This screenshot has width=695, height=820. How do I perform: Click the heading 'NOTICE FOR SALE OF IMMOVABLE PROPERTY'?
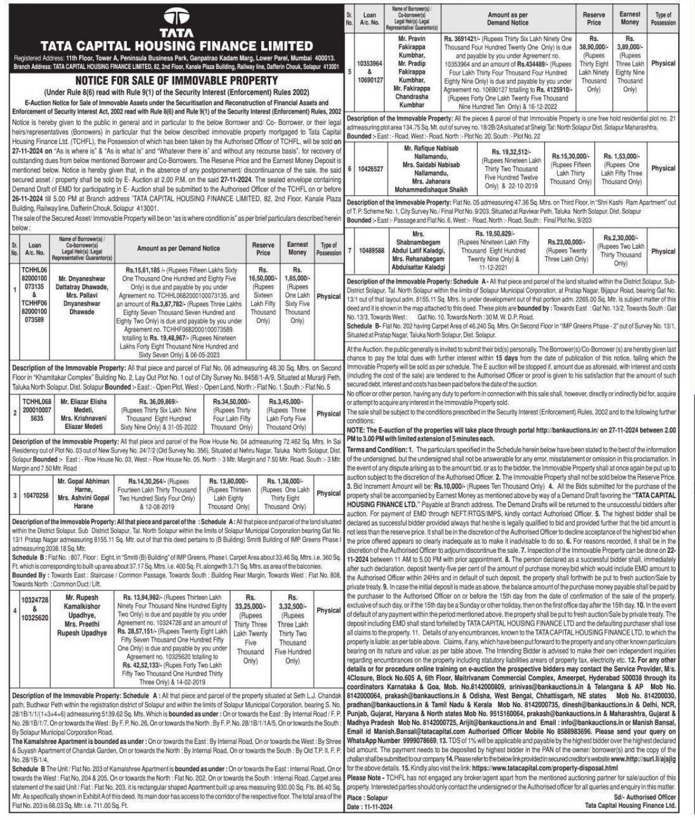[x=176, y=80]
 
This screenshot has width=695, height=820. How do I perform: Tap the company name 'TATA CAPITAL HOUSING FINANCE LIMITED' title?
[x=176, y=46]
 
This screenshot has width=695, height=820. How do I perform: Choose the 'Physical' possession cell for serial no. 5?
[x=663, y=63]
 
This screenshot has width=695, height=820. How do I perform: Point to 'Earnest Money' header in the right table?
[x=630, y=18]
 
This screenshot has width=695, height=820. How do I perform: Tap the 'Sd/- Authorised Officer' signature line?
[x=644, y=797]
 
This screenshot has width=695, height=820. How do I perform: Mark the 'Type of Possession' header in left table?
[x=328, y=248]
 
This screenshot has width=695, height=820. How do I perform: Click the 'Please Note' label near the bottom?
[x=365, y=777]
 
